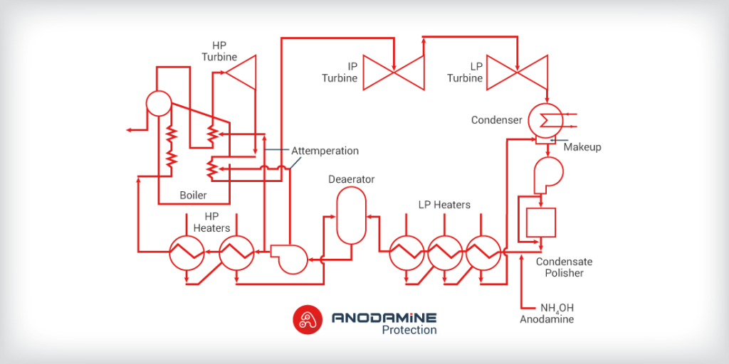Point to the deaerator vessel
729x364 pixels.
click(350, 215)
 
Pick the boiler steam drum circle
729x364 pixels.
click(158, 103)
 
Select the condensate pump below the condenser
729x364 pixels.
click(547, 173)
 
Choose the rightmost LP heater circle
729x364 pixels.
click(483, 253)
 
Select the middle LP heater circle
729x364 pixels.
click(445, 253)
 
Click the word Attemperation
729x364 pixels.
click(325, 151)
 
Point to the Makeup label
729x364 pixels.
click(582, 147)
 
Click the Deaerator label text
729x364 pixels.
click(351, 179)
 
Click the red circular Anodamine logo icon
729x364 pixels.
click(308, 319)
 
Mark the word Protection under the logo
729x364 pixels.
click(409, 330)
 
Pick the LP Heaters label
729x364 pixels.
click(444, 205)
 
